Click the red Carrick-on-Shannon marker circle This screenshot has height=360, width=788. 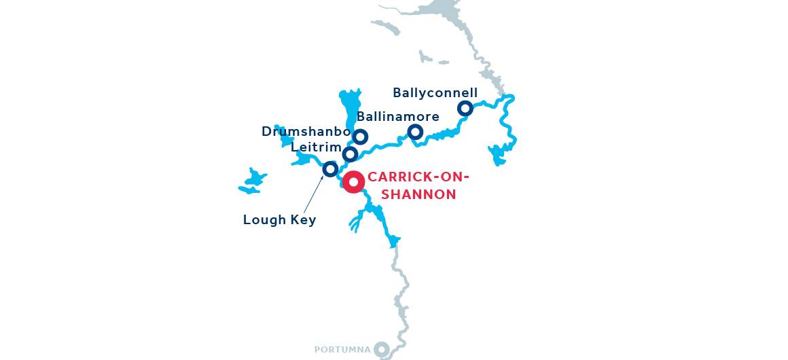[353, 182]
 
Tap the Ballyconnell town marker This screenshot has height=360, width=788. [465, 108]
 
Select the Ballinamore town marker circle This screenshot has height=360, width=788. [415, 131]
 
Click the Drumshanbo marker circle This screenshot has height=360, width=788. [360, 137]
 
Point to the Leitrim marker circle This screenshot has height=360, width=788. [350, 154]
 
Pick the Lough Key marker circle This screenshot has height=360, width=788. [330, 168]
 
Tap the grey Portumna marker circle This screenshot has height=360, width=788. [382, 349]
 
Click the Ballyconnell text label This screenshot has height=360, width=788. [435, 92]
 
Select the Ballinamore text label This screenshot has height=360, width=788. [397, 116]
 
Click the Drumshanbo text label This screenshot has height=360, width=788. [306, 131]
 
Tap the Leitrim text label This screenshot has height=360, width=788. [316, 147]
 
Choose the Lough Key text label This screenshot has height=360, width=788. [279, 220]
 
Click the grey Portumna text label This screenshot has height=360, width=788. [342, 350]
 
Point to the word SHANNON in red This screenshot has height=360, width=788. [418, 195]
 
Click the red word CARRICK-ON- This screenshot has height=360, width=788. [418, 178]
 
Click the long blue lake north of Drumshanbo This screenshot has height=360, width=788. [349, 109]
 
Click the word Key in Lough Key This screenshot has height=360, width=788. [303, 220]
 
